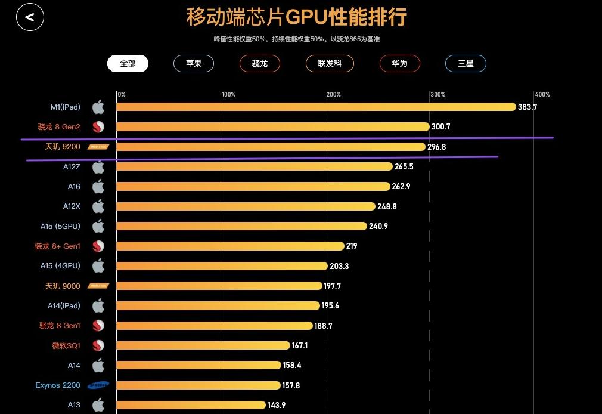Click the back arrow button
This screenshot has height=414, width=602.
30,17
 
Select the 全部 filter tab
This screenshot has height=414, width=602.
128,63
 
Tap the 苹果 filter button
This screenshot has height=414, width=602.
194,63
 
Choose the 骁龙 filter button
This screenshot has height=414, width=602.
260,63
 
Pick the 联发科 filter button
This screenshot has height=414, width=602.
330,63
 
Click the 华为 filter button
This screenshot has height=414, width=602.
399,63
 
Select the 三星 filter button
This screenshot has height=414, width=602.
466,63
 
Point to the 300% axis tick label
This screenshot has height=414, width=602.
437,95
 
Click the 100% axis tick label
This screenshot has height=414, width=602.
228,95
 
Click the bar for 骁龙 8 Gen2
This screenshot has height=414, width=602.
272,127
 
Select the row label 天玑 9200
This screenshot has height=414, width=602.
63,147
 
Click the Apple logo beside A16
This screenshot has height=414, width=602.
98,187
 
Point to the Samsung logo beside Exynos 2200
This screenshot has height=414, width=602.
98,385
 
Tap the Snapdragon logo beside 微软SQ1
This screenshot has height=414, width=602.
98,345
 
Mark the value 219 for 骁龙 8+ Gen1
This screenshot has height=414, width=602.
352,246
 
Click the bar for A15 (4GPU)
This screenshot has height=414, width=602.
222,266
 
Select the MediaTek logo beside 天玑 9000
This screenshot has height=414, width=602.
98,286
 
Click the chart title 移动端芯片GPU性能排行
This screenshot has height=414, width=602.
296,17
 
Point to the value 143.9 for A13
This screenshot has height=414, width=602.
277,405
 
